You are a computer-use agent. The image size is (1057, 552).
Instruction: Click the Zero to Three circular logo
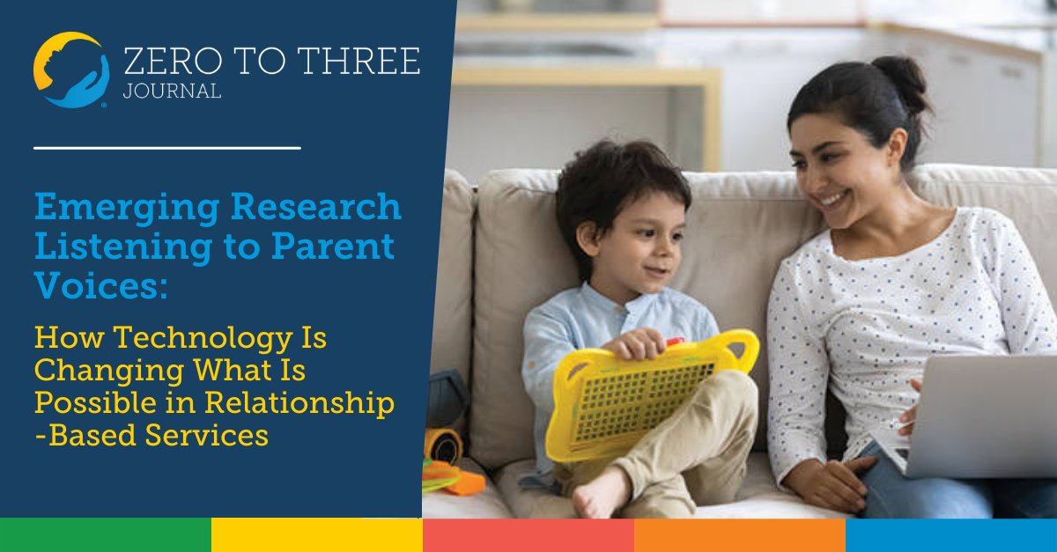coord(70,70)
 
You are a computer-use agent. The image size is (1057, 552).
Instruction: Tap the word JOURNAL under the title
coord(174,92)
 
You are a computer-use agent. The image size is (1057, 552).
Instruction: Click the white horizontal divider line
coord(166,147)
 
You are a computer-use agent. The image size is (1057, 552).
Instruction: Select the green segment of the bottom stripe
coord(105,534)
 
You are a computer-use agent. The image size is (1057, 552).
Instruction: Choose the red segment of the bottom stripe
coord(528,534)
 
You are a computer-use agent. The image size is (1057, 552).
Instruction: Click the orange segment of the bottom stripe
coord(739,534)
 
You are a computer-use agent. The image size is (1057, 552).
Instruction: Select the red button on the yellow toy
coord(675,342)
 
